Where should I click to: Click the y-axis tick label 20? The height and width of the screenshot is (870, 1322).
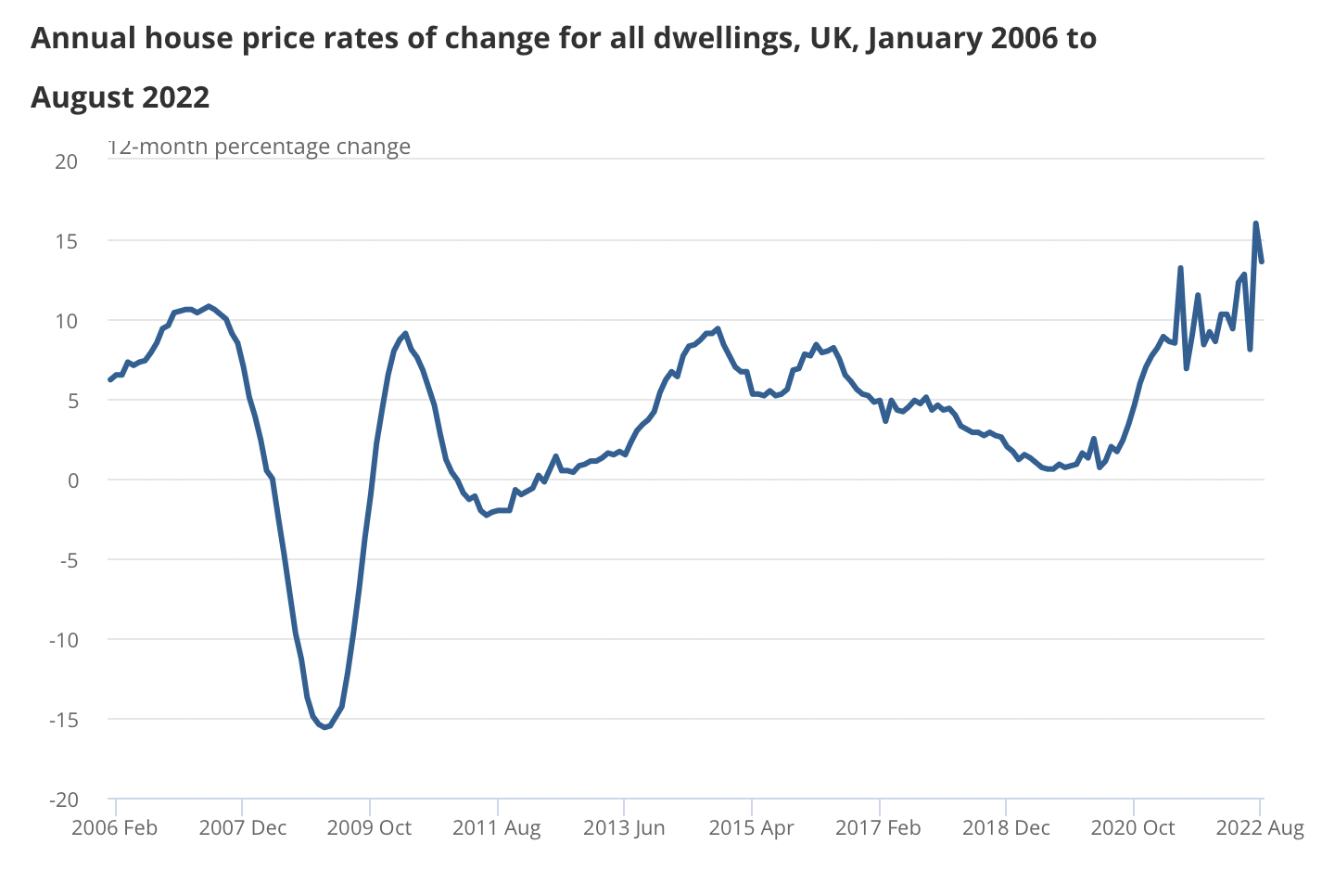[66, 161]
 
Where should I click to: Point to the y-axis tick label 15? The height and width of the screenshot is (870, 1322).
[66, 241]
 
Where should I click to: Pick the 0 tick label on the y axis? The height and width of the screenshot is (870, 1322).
[72, 480]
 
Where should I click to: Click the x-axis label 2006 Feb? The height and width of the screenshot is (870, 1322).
[115, 828]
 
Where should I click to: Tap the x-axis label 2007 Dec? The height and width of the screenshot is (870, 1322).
[243, 828]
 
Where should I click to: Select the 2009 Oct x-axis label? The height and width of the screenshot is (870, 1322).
[369, 828]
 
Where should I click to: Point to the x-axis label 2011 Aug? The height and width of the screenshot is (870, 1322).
[497, 828]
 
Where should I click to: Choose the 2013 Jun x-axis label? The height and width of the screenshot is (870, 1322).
[624, 828]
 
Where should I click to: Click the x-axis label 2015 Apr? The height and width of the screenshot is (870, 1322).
[752, 828]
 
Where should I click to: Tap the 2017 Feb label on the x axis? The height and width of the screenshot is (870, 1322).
[878, 828]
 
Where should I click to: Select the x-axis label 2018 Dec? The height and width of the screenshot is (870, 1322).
[1006, 828]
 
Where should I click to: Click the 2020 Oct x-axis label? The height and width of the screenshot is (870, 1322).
[1133, 828]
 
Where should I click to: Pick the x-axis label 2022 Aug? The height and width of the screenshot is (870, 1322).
[1260, 828]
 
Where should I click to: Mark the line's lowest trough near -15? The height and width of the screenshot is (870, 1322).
[324, 726]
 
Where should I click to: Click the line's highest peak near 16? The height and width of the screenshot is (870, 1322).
[1255, 224]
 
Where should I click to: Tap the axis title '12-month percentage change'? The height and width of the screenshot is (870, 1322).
[260, 147]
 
